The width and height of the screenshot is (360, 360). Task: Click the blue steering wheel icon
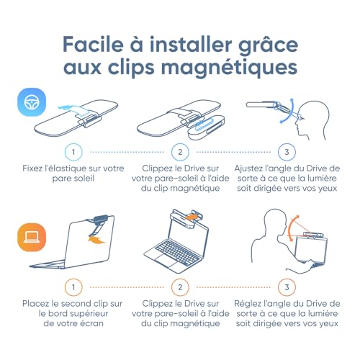coord(32,102)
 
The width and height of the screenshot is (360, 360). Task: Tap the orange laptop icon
coord(32,237)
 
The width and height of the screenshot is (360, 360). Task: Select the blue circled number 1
coord(73,152)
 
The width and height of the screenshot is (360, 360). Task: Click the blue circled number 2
coord(180,152)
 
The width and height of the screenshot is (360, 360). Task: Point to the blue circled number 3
coord(287,152)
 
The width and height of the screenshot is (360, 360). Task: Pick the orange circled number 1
coord(73,287)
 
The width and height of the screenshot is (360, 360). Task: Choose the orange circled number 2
coord(180,287)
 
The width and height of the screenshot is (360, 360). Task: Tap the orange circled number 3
coord(287,287)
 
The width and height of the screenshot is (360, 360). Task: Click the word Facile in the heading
coord(93,45)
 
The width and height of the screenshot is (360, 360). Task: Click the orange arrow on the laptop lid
coord(96,240)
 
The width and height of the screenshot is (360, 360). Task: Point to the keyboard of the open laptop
coord(177,253)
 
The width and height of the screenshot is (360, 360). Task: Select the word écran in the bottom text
coord(92,323)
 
